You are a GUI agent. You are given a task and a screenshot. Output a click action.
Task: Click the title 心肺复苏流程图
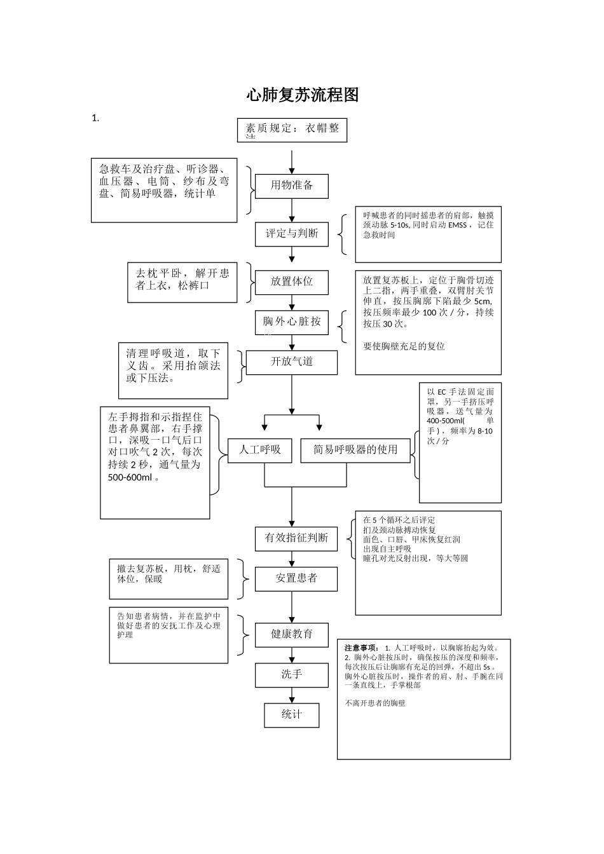(303, 95)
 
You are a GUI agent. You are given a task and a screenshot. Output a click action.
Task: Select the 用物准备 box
(292, 186)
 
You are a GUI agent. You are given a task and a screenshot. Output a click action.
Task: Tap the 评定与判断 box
(292, 234)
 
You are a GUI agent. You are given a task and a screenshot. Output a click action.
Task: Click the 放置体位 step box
(292, 281)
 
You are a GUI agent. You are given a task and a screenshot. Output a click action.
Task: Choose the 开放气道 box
(292, 362)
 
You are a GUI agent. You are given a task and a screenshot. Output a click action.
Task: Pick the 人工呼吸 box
(259, 450)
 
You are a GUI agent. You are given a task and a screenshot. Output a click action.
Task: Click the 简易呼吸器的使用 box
(355, 450)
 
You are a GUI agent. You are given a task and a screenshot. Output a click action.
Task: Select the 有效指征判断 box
(296, 538)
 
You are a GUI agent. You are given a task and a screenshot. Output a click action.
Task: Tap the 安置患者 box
(296, 579)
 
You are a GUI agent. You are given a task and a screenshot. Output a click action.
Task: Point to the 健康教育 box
(292, 634)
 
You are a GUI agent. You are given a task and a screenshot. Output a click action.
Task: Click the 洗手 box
(292, 675)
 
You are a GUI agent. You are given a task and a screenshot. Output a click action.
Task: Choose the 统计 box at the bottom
(292, 715)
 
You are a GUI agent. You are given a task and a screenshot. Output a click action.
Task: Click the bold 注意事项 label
(362, 648)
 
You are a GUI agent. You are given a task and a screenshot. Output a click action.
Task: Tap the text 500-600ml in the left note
(130, 477)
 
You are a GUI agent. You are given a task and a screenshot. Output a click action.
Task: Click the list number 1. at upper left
(95, 118)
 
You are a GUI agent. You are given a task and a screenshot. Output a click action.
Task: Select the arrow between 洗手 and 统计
(292, 695)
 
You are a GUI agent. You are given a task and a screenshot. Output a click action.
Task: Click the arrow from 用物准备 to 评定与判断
(292, 210)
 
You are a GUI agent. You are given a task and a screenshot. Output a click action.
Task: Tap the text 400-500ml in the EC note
(445, 421)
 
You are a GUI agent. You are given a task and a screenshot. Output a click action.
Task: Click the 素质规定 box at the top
(292, 130)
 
